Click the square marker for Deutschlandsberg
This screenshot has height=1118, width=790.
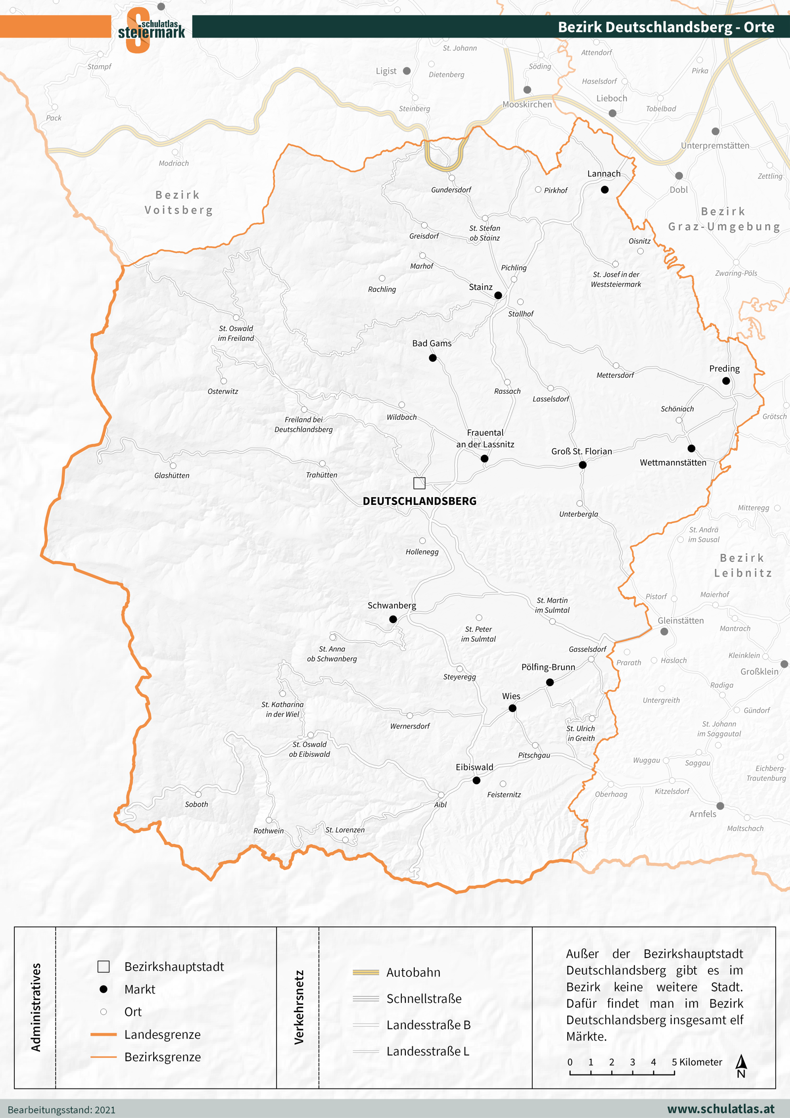tap(419, 483)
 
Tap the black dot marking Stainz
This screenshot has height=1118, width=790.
tap(498, 295)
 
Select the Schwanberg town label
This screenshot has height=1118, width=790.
tap(392, 605)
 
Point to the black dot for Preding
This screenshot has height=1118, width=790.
tap(726, 381)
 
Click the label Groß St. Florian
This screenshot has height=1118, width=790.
tap(582, 451)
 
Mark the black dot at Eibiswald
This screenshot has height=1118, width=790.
tap(476, 781)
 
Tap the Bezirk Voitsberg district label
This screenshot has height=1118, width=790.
tap(178, 203)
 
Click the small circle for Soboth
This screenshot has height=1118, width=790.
tap(198, 794)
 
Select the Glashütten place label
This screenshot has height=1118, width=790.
tap(172, 475)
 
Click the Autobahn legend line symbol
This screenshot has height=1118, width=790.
tap(366, 972)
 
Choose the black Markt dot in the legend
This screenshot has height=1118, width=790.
tap(103, 989)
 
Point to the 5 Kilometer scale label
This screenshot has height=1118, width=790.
tap(697, 1062)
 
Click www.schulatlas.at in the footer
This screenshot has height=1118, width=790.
tap(721, 1109)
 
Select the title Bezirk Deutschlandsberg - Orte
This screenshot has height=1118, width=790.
tap(666, 27)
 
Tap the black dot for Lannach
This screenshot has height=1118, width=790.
tap(605, 190)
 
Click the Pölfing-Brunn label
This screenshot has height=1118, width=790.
tap(548, 667)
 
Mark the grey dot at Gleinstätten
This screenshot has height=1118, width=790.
tap(664, 631)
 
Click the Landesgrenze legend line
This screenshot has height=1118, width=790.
tap(103, 1034)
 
